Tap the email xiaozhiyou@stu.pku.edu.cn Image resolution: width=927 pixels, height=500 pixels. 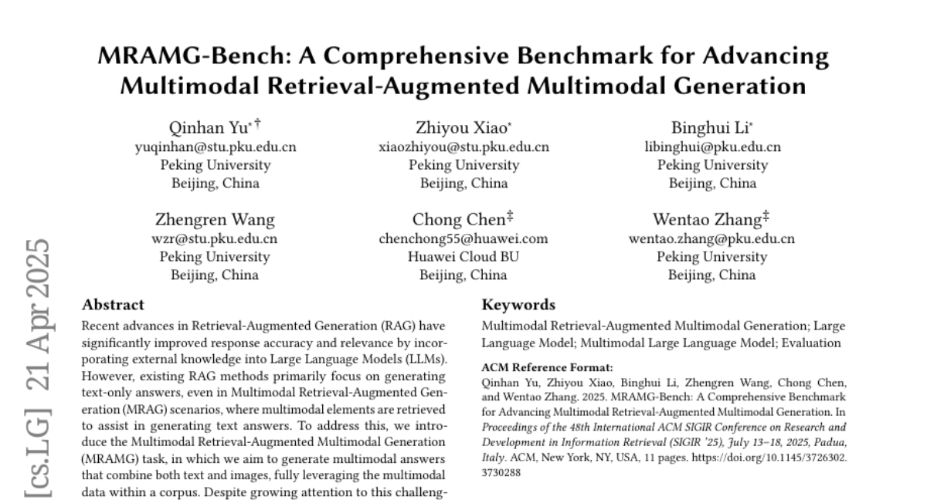coord(463,147)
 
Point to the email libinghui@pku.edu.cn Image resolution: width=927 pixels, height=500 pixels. coord(712,147)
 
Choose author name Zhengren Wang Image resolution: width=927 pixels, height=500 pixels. coord(215,220)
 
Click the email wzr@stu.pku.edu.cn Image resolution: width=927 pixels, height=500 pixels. coord(215,238)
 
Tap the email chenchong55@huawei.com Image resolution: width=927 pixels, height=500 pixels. coord(463,238)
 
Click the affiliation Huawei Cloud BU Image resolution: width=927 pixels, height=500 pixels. coord(463,257)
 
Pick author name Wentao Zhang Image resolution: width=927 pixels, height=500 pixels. coord(708,220)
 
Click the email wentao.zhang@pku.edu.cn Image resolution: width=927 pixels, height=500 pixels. coord(712,238)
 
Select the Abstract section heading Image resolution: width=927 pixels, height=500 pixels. coord(113,305)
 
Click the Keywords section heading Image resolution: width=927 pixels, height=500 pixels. coord(518,305)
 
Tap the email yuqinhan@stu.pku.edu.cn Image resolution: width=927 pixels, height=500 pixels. coord(215,147)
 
